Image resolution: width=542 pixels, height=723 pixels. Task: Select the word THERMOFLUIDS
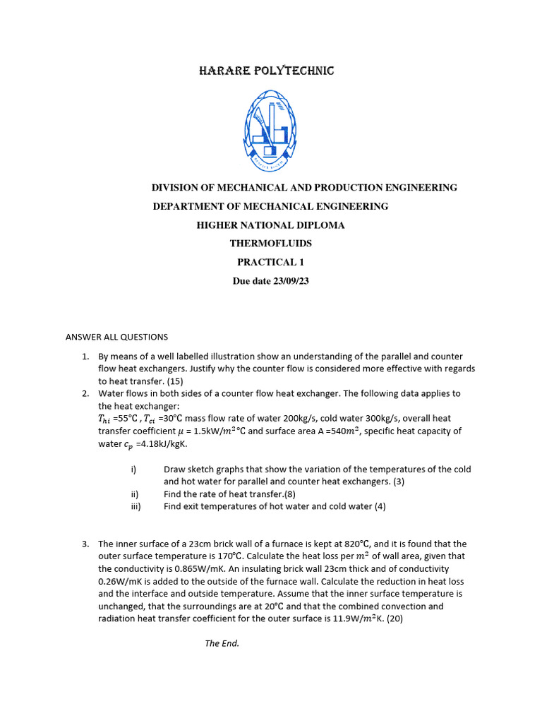pos(270,244)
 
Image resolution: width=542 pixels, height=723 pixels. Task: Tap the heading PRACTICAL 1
pos(270,262)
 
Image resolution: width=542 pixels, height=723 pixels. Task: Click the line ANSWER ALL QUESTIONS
pos(116,337)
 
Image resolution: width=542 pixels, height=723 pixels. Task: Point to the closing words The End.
pos(222,643)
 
